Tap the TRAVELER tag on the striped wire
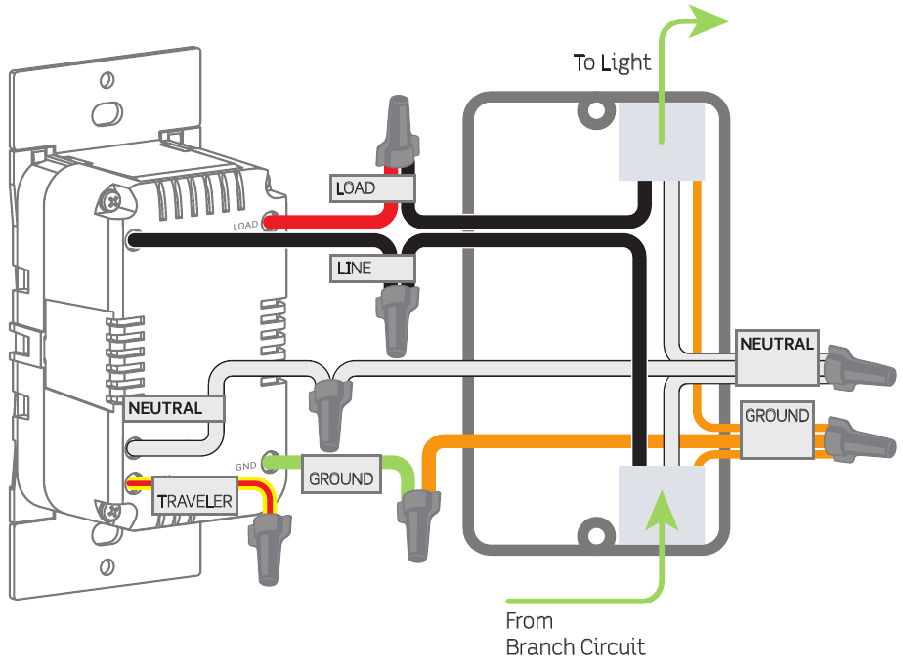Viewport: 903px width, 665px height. tap(194, 500)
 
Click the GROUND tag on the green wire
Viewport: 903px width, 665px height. tap(341, 479)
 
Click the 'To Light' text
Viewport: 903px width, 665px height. tap(612, 63)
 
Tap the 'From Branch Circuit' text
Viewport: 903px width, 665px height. tap(575, 633)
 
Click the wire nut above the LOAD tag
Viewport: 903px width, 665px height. tap(400, 132)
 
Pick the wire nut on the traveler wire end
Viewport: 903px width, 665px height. tap(265, 548)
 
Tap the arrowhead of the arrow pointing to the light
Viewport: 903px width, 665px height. tap(708, 21)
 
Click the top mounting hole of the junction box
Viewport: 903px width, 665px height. tap(593, 114)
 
